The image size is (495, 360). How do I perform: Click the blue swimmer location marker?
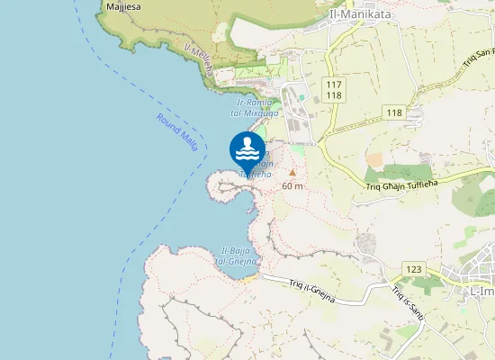247,148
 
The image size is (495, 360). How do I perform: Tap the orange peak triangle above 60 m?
292,172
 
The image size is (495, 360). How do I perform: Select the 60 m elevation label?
292,185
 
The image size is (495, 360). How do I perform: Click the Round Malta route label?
176,132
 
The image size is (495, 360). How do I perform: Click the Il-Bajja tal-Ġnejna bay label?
237,255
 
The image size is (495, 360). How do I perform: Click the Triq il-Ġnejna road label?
311,289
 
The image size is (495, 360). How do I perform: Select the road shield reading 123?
414,269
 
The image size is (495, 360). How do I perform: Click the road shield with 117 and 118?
335,90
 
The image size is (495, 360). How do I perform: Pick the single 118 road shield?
392,112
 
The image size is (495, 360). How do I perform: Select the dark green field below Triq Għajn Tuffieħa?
402,171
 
